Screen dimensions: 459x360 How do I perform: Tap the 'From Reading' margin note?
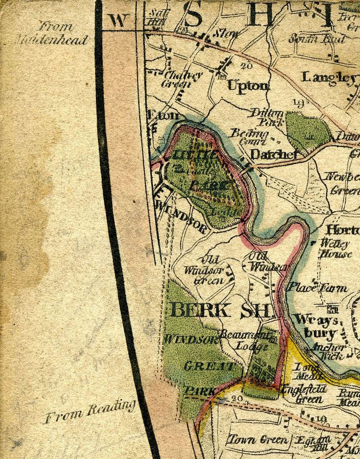click(90, 412)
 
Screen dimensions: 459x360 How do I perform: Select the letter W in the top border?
click(118, 20)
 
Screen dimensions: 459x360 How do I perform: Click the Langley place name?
click(329, 77)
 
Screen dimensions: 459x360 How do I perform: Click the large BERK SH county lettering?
click(221, 310)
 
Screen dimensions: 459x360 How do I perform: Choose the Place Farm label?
click(317, 288)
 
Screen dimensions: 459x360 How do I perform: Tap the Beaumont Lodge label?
click(245, 340)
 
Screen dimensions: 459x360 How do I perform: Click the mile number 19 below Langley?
click(299, 102)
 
